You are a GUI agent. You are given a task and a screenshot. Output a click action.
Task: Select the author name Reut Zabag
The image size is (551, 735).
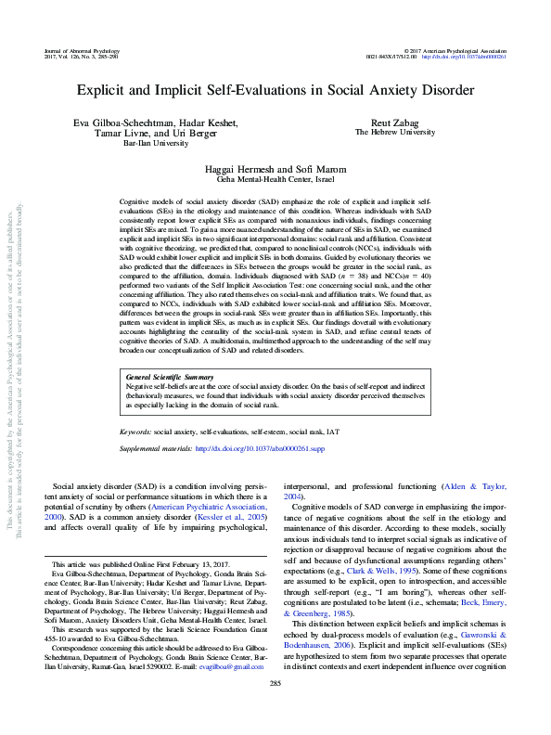394,122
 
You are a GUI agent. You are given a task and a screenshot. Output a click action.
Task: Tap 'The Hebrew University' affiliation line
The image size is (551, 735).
394,133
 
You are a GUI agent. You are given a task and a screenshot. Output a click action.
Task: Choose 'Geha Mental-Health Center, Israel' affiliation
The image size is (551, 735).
275,182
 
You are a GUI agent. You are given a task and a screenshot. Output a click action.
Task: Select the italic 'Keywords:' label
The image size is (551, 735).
135,432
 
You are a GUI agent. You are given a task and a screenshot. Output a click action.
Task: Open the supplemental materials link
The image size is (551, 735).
260,447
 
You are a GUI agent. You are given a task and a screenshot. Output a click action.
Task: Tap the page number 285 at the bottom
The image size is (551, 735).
275,710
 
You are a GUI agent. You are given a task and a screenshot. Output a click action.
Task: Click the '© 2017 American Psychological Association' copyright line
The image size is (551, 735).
455,48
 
